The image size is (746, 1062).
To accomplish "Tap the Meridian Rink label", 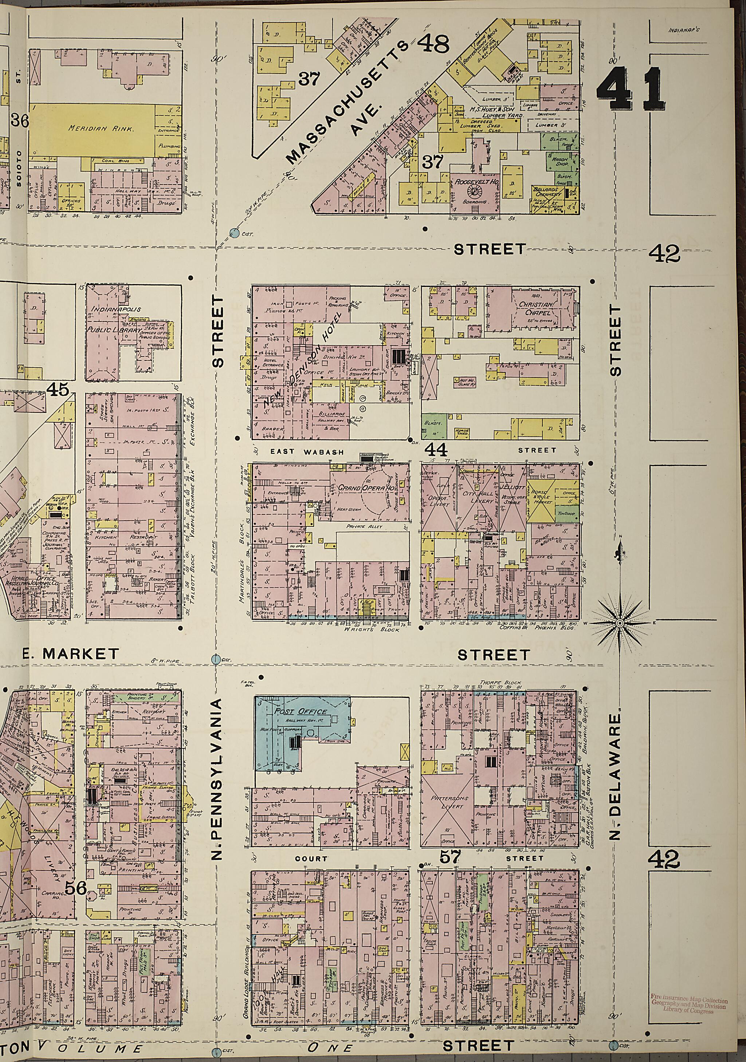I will click(101, 128).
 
